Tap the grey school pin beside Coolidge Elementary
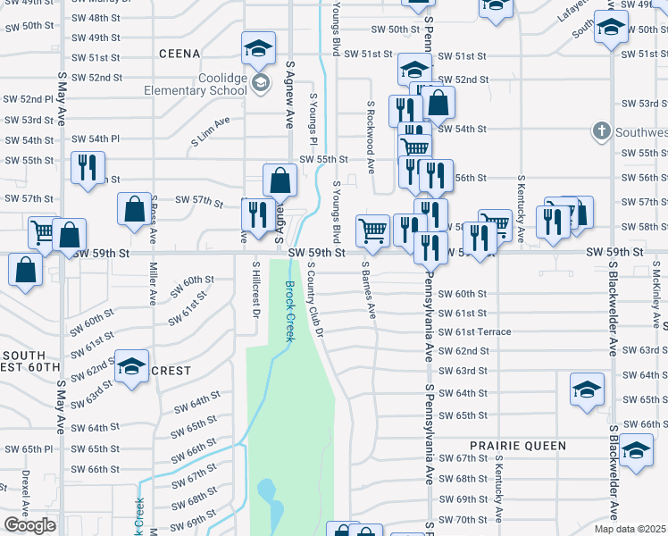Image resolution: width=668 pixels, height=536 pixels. point(261,84)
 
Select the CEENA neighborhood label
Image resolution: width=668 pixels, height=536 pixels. point(179,54)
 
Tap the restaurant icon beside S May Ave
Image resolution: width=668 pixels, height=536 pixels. point(88,169)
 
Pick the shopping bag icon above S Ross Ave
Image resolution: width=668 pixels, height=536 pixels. point(134,211)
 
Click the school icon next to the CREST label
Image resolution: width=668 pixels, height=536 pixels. point(131,367)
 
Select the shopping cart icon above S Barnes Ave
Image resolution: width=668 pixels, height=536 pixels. point(372,230)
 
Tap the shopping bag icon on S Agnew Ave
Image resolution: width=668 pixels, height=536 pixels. point(280,180)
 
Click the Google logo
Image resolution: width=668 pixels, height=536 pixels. point(29,525)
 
